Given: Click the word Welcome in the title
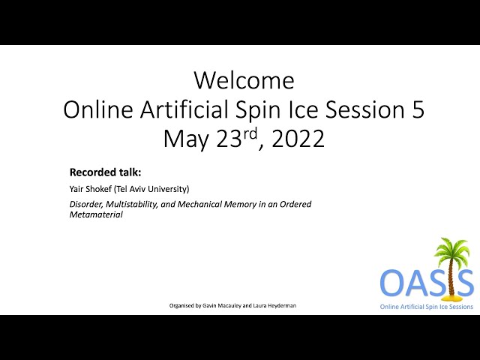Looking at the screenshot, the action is tap(244, 80).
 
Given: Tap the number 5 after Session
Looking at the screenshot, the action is tap(418, 109).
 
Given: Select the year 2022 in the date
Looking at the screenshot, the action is tap(298, 139).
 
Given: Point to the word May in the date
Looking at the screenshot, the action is tap(186, 140).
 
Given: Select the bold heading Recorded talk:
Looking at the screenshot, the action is tap(105, 172).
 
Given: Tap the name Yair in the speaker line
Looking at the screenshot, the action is tap(76, 189).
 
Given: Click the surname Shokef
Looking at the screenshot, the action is tap(99, 189).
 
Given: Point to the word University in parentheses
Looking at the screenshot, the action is tap(168, 189).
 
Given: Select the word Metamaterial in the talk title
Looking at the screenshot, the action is tap(96, 214).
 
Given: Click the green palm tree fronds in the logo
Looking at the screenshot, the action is tap(451, 250).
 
